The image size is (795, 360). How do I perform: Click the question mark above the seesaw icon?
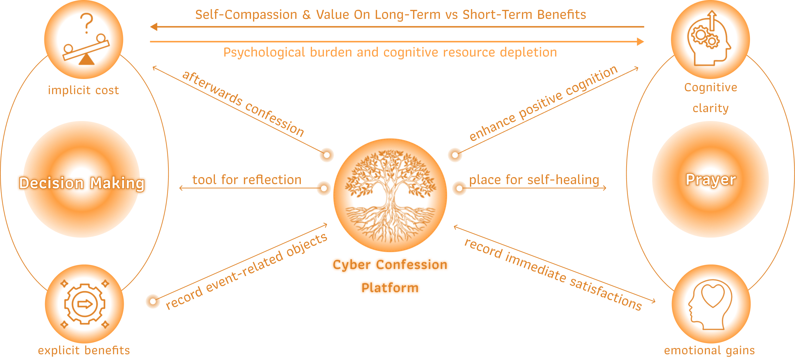[87, 23]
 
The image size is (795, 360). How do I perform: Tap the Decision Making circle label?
[82, 183]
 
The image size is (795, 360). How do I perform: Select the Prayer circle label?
[711, 179]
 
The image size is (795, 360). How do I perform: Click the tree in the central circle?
[390, 195]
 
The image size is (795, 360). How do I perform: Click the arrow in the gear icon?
[85, 304]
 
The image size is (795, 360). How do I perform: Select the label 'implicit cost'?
[83, 90]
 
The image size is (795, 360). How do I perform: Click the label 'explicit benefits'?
[84, 350]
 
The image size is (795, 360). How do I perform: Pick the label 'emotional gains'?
[709, 350]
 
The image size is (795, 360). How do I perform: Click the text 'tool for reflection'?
[247, 180]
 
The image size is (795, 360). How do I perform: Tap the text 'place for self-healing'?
[534, 180]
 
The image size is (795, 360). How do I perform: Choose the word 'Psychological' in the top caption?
[264, 52]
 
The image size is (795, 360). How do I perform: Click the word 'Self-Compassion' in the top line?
[246, 15]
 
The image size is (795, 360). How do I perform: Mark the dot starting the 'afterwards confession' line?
[326, 155]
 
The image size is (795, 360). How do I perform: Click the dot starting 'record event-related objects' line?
[153, 301]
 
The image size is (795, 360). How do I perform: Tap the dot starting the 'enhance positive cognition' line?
[455, 155]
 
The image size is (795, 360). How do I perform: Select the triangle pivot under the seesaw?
[87, 60]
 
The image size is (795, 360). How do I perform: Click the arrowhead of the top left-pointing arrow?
[154, 27]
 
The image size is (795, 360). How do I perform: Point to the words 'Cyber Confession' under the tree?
[390, 265]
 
